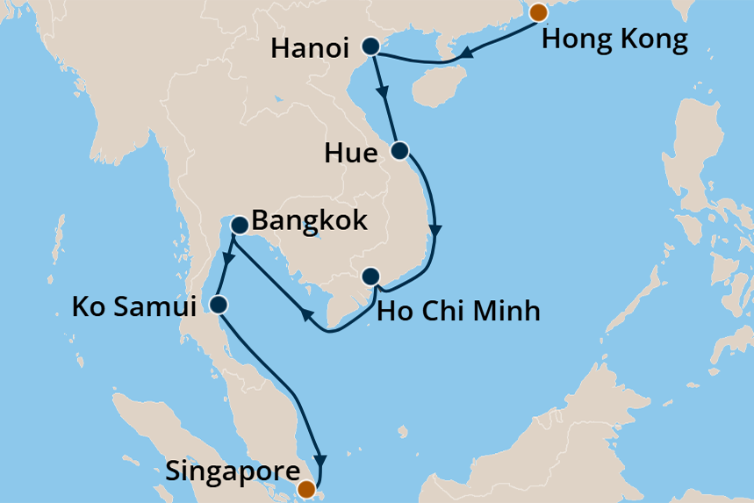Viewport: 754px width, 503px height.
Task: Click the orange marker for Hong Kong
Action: [538, 11]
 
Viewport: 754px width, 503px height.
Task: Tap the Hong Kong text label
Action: [614, 40]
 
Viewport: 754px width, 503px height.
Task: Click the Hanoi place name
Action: [311, 48]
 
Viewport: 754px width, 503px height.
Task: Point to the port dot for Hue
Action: [399, 150]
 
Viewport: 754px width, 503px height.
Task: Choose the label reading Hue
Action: [350, 154]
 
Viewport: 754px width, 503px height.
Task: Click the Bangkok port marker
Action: [238, 226]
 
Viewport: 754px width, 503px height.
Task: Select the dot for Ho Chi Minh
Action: [370, 277]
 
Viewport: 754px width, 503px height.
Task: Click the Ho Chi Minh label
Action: [457, 310]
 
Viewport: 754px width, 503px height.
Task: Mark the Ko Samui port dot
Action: [219, 305]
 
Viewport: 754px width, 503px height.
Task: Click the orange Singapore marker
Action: [306, 489]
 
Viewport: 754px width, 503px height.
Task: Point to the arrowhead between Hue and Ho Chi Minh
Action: [435, 231]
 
